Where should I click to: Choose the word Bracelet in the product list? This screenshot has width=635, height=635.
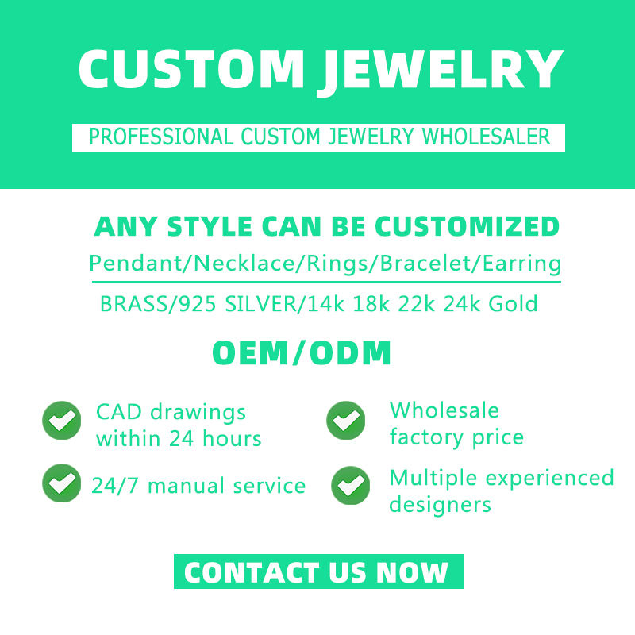coord(427,263)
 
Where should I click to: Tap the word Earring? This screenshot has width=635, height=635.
coord(522,263)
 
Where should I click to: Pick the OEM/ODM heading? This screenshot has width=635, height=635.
coord(302,353)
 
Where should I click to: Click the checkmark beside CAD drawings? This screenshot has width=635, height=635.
coord(61,421)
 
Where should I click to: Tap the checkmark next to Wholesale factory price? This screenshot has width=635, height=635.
coord(346,421)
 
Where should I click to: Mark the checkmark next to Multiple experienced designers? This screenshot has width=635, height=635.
coord(351,486)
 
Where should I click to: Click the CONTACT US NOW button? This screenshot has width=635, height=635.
coord(317,571)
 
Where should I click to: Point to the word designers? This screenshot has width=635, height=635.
coord(440,504)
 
